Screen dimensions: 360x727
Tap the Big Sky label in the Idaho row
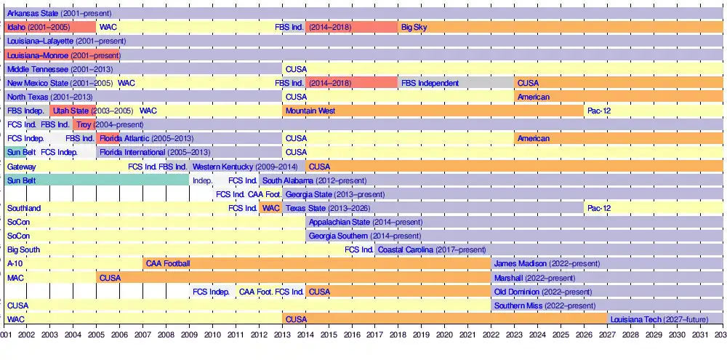click(414, 27)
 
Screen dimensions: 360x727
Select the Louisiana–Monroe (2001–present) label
click(63, 55)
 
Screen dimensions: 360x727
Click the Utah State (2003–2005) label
click(92, 111)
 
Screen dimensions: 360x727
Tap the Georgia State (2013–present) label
click(334, 194)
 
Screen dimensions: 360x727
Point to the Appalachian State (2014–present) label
click(365, 222)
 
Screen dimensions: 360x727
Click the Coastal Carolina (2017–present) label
click(433, 249)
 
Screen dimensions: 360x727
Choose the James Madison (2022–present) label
click(547, 263)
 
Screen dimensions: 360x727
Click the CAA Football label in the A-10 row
click(167, 263)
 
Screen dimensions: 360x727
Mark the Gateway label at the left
click(21, 167)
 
